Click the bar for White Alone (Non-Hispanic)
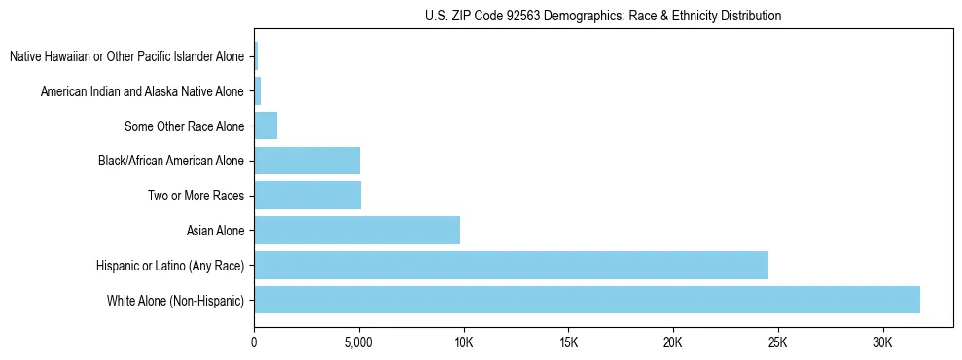(x=587, y=300)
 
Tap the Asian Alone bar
(x=357, y=231)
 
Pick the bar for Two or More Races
(x=307, y=196)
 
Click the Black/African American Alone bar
(x=306, y=161)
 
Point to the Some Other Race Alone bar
(x=266, y=126)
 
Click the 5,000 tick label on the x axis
(x=359, y=342)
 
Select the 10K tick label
(x=464, y=342)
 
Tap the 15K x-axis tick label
(x=569, y=342)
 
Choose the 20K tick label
(x=673, y=342)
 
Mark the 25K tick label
(x=778, y=342)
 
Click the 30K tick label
(x=883, y=342)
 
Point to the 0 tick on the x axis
(x=254, y=342)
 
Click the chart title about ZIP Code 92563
(x=603, y=17)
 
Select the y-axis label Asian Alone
(x=216, y=231)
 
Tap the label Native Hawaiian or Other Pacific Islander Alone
(x=127, y=56)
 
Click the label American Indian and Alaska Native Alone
(x=143, y=91)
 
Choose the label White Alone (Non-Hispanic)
(x=176, y=300)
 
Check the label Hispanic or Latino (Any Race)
(x=170, y=265)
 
